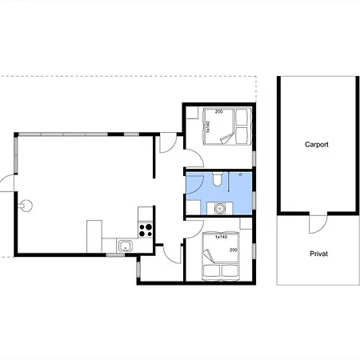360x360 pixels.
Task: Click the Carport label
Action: pyautogui.click(x=317, y=145)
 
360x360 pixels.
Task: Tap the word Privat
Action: pyautogui.click(x=318, y=254)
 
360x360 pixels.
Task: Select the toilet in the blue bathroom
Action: pyautogui.click(x=217, y=178)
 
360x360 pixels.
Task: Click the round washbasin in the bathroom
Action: pyautogui.click(x=219, y=208)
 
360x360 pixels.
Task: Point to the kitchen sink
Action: pyautogui.click(x=125, y=246)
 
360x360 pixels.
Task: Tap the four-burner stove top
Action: pyautogui.click(x=146, y=230)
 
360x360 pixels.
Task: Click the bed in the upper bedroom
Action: pyautogui.click(x=227, y=126)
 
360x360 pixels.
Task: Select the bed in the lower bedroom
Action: pyautogui.click(x=221, y=257)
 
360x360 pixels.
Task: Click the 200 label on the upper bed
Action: pyautogui.click(x=219, y=111)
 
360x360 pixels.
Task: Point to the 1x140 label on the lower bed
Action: pyautogui.click(x=221, y=237)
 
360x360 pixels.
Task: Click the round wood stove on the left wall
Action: pyautogui.click(x=26, y=206)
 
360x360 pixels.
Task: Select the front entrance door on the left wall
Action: pyautogui.click(x=6, y=184)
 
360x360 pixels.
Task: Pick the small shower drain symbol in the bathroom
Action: pyautogui.click(x=241, y=174)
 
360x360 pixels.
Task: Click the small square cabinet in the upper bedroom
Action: pyautogui.click(x=192, y=113)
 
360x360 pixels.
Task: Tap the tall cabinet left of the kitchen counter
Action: pyautogui.click(x=94, y=236)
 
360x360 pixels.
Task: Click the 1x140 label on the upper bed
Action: pyautogui.click(x=208, y=126)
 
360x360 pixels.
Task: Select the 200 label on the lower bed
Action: pyautogui.click(x=234, y=250)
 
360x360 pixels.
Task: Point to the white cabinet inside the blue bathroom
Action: pyautogui.click(x=193, y=207)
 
